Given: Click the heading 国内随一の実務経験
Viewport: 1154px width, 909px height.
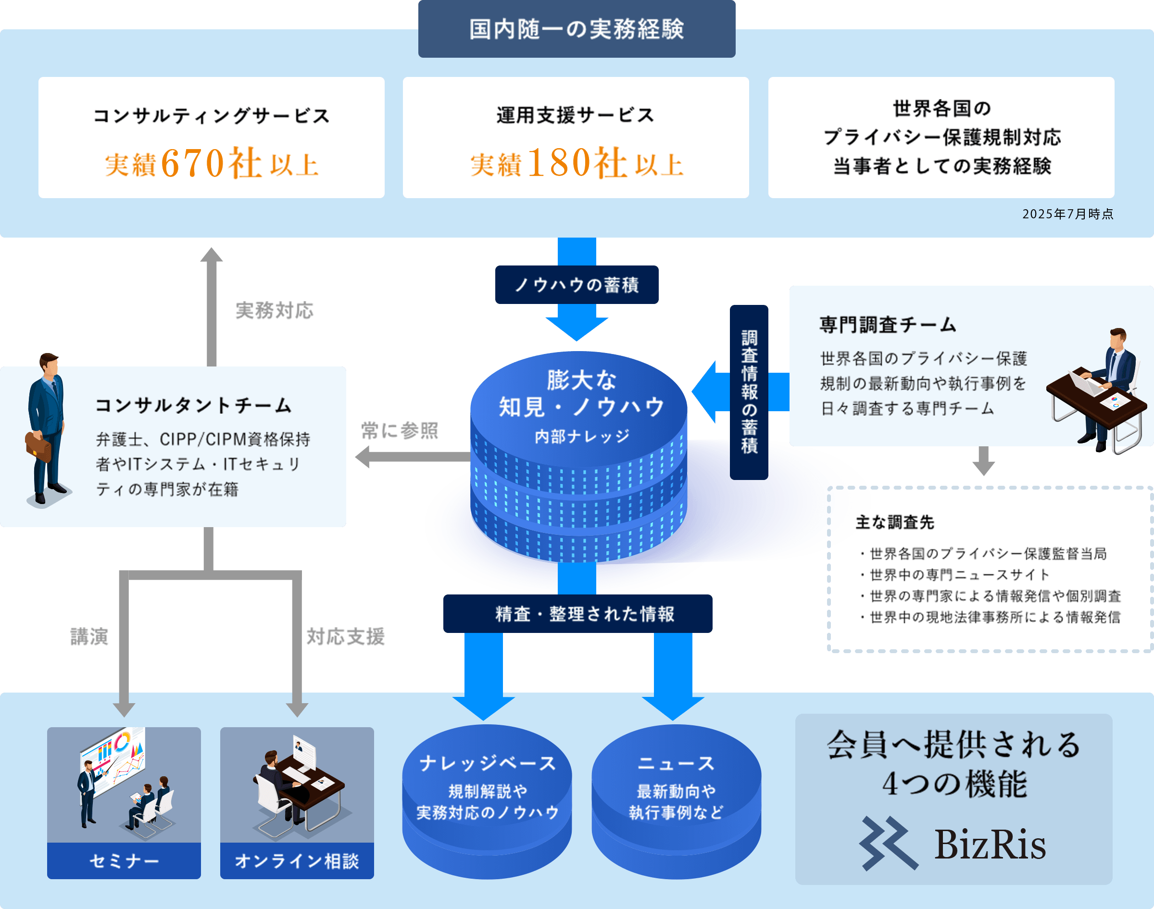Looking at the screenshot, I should [x=576, y=29].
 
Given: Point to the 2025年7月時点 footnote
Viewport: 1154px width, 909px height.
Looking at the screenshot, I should [x=1067, y=214].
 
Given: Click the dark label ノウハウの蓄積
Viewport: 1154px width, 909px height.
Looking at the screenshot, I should [x=576, y=285].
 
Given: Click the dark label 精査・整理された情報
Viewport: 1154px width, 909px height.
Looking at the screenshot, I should [x=577, y=614].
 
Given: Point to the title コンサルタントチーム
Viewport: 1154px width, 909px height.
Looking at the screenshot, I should [x=193, y=405].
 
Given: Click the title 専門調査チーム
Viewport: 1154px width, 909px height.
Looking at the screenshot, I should [x=888, y=325].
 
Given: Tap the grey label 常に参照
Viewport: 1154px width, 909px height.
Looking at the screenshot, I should [x=400, y=430].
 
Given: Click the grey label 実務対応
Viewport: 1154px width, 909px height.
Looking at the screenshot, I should [x=274, y=310].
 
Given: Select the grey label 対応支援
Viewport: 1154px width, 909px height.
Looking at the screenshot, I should [x=345, y=636].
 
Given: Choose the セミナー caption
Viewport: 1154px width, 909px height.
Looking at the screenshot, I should [x=124, y=860].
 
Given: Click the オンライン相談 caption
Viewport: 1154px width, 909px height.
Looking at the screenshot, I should [x=297, y=860].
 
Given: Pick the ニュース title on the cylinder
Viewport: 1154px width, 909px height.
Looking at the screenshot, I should [x=676, y=763].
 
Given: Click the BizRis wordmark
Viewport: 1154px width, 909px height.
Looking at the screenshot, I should [x=990, y=845].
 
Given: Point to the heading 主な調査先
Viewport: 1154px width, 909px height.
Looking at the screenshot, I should [x=895, y=523].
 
